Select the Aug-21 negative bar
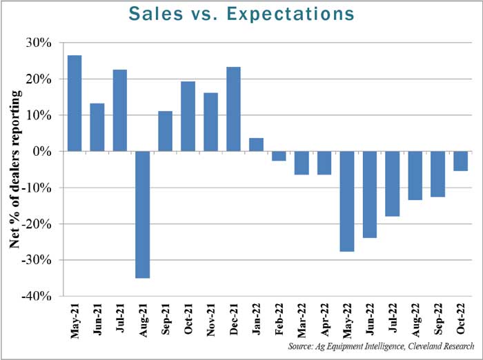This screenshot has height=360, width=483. tap(143, 214)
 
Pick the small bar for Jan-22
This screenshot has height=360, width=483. tap(256, 144)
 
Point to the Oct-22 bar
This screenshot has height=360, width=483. tap(460, 161)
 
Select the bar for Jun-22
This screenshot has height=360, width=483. tap(370, 194)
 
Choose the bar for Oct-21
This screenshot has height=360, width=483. tap(188, 116)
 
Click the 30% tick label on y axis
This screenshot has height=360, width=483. tap(40, 43)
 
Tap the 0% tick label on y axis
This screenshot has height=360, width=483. tap(43, 151)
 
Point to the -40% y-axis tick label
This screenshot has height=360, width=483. tap(38, 296)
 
